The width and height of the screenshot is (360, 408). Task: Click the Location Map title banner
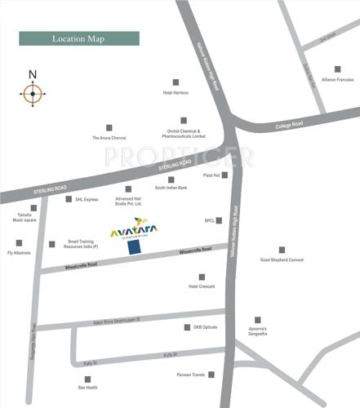pyautogui.click(x=79, y=38)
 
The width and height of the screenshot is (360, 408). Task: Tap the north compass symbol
pyautogui.click(x=33, y=94)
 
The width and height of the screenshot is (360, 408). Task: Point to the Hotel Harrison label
pyautogui.click(x=176, y=93)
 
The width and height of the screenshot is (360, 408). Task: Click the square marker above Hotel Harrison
pyautogui.click(x=176, y=82)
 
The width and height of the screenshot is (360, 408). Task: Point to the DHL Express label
pyautogui.click(x=87, y=199)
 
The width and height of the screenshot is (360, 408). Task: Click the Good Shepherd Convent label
pyautogui.click(x=282, y=260)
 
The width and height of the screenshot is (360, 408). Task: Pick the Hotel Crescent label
pyautogui.click(x=202, y=287)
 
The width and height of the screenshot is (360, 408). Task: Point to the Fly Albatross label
pyautogui.click(x=19, y=253)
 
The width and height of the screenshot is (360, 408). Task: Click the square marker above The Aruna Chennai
pyautogui.click(x=109, y=127)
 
